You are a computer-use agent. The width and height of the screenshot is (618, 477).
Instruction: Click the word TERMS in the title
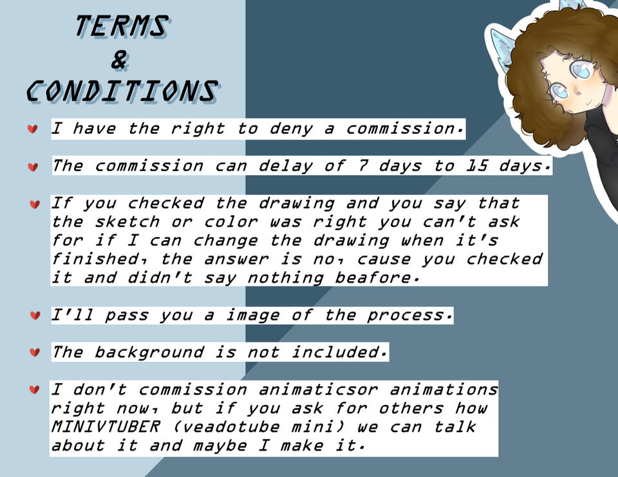point(122,26)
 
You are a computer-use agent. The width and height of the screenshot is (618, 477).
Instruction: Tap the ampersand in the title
point(120,61)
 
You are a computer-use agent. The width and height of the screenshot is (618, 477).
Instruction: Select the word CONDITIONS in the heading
point(122,91)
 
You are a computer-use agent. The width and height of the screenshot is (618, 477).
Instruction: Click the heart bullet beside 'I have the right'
point(33,129)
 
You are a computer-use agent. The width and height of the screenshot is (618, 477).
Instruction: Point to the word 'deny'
point(291,129)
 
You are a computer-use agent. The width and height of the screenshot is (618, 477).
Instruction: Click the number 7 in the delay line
point(362,166)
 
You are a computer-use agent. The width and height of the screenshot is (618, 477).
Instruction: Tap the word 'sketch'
point(127,222)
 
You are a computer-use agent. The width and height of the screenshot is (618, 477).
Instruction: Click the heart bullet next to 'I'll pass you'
point(35,315)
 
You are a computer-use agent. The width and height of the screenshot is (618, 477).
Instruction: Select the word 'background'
point(149,352)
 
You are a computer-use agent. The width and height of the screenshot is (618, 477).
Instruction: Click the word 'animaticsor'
point(318,389)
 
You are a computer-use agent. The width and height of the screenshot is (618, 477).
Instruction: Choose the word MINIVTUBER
point(106,427)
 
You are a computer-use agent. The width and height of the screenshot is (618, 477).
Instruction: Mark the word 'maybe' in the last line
point(220,446)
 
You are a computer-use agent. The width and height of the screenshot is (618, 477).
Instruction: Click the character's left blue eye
point(559,91)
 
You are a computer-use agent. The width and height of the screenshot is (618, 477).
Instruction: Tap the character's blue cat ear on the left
point(503,50)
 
